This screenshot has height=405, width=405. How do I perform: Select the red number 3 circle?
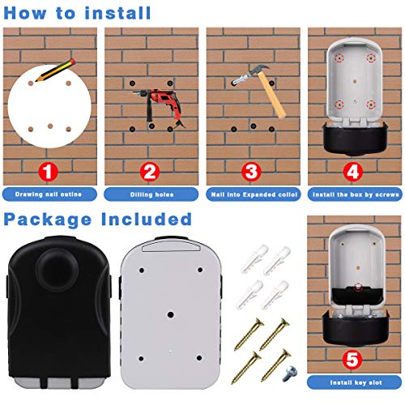click(250, 172)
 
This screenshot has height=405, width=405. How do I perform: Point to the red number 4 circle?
click(352, 172)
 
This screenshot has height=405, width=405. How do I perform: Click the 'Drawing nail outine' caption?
click(49, 194)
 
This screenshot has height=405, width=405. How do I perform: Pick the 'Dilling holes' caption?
click(151, 194)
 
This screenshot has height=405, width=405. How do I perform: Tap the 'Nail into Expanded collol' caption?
click(252, 194)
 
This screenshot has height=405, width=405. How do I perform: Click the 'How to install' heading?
click(78, 13)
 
